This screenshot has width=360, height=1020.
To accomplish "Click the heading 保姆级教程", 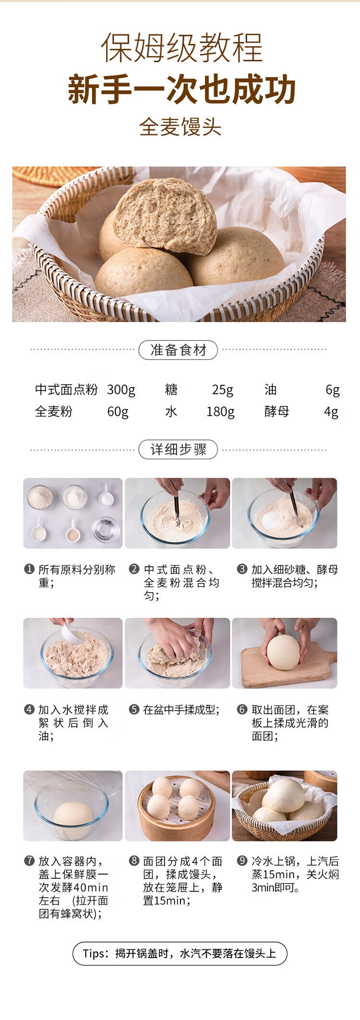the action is click(181, 48).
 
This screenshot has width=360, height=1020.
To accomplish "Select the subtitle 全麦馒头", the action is click(180, 127).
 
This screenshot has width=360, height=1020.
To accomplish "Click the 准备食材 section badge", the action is click(178, 350).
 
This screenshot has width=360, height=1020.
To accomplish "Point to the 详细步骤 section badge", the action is click(178, 449).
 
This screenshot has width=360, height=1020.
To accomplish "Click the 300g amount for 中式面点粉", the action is click(121, 390).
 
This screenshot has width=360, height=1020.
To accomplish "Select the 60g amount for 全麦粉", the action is click(118, 412).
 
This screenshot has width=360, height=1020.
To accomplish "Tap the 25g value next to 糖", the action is click(223, 390).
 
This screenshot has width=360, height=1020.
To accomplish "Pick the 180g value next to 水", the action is click(220, 412).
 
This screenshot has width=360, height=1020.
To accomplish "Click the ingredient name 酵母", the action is click(276, 412).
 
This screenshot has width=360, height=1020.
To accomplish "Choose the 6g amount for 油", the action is click(333, 390).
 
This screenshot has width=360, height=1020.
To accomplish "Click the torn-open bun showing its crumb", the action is click(166, 215).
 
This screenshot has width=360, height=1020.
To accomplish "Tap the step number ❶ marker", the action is click(29, 570).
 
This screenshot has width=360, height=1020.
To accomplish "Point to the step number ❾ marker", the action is click(242, 861).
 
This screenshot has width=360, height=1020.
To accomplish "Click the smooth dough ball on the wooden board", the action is click(284, 653).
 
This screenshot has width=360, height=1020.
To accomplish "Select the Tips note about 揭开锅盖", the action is click(180, 953).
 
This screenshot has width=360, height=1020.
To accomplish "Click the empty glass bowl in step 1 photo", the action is click(106, 530).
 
